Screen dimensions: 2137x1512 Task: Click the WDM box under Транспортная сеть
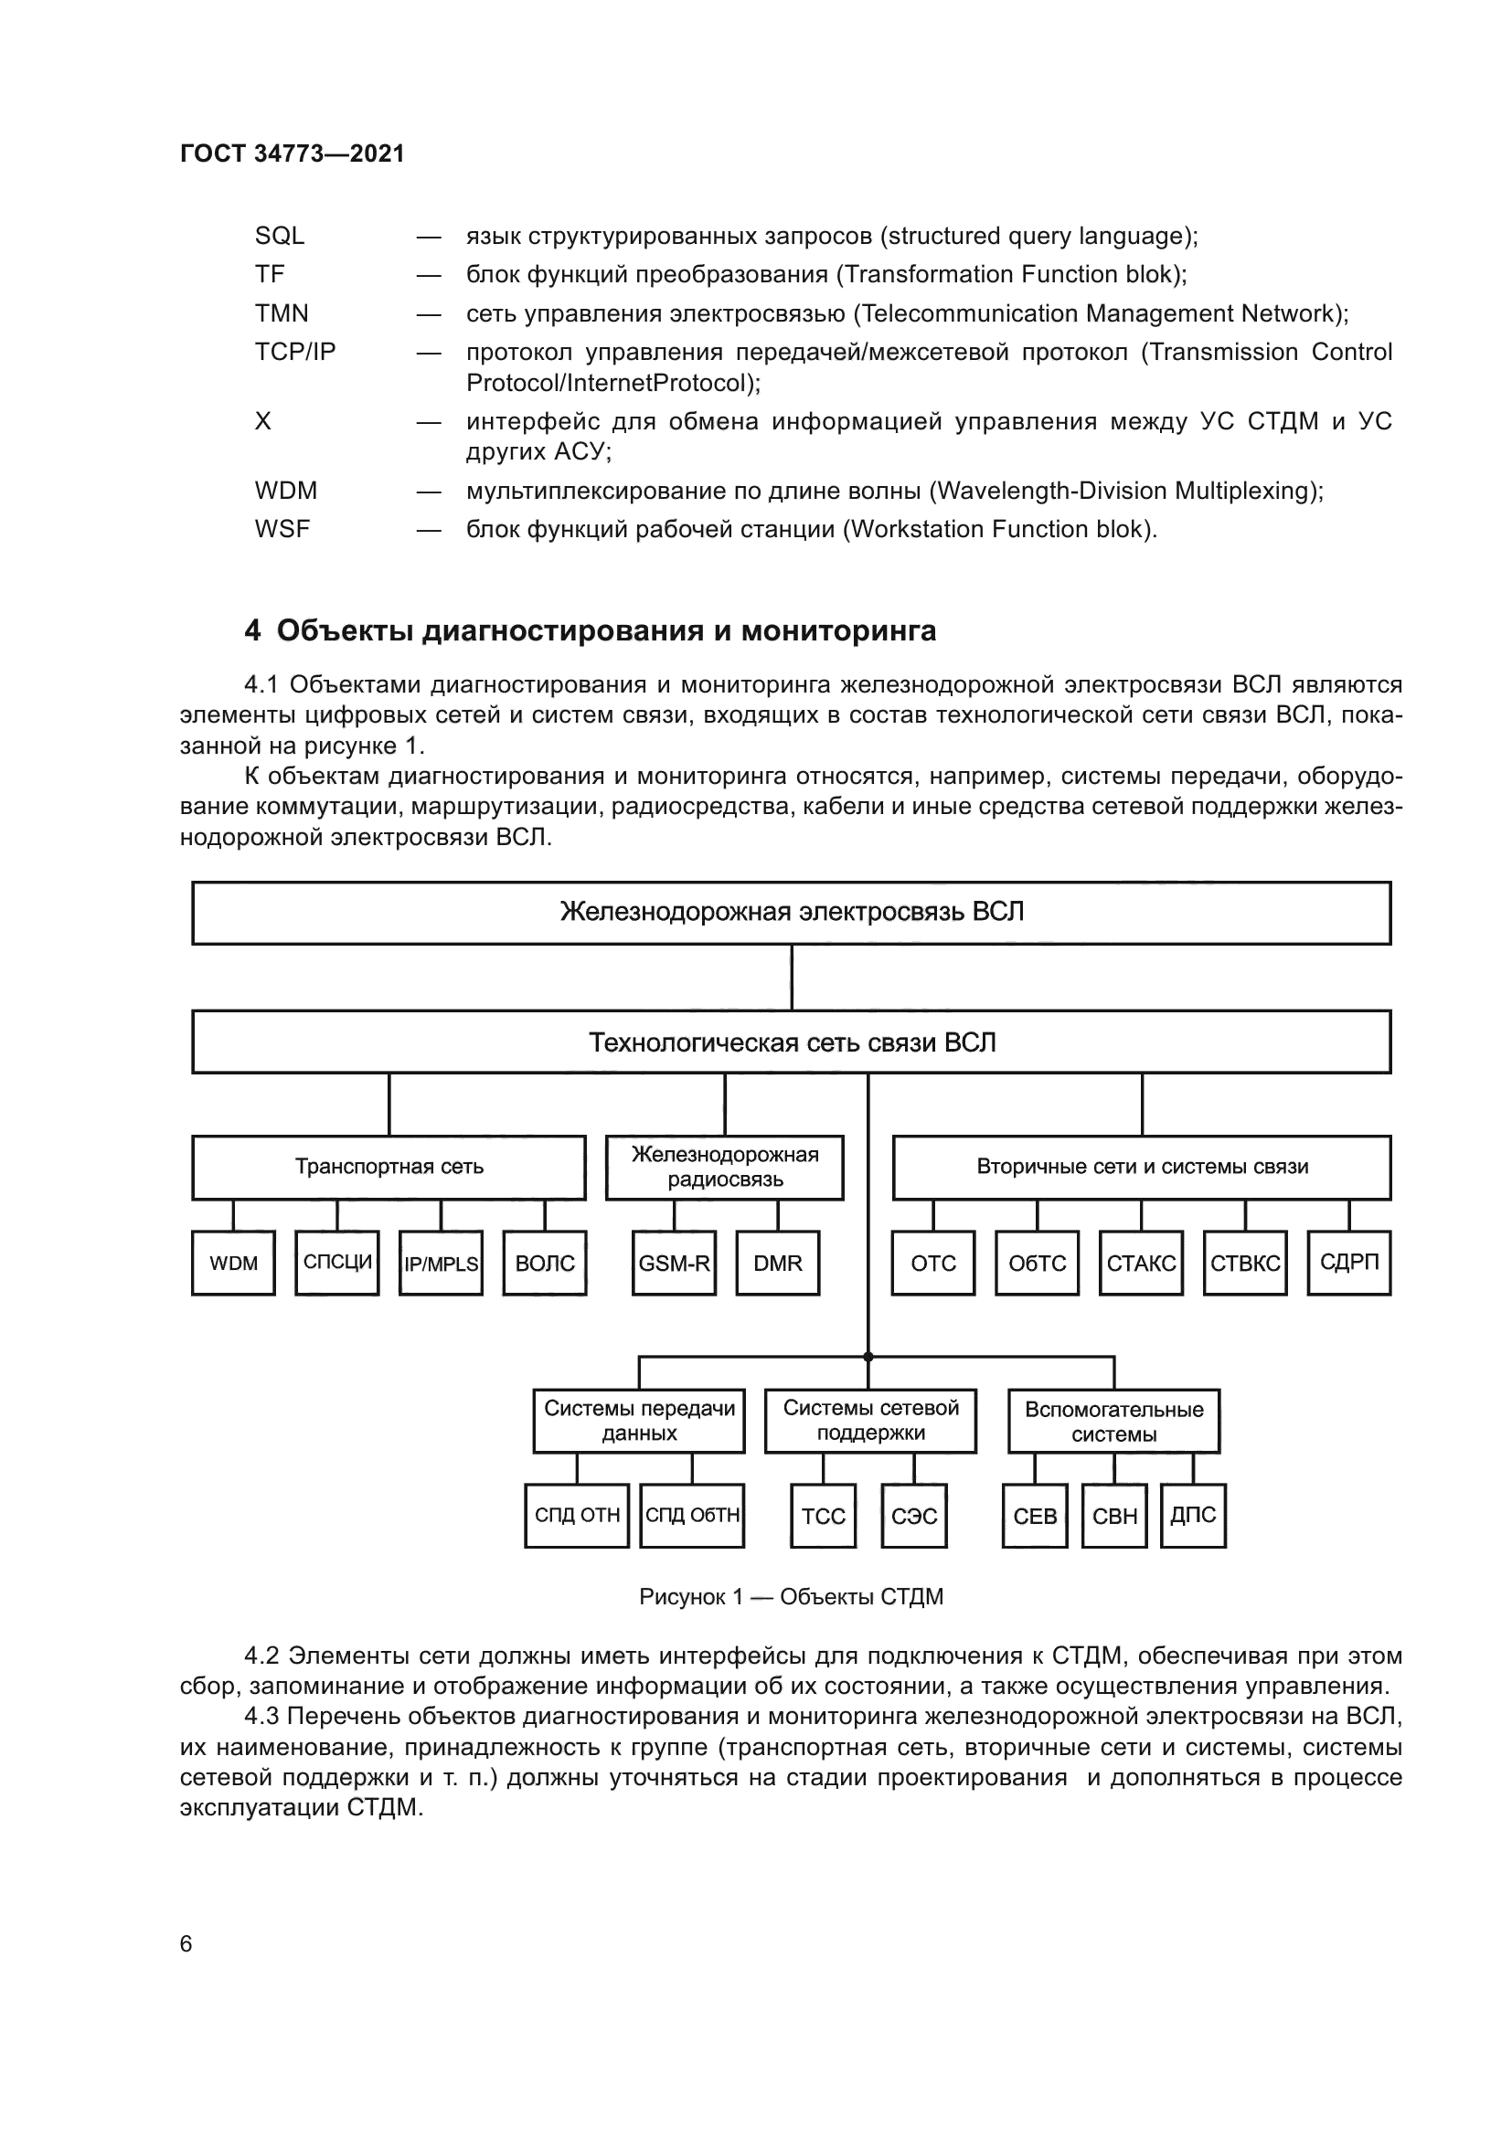(x=233, y=1263)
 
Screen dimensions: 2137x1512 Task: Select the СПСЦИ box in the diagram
(x=337, y=1263)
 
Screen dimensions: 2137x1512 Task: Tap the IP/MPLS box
(x=441, y=1263)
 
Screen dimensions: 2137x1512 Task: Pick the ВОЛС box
(x=545, y=1263)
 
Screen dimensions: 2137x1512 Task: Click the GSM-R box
(x=674, y=1263)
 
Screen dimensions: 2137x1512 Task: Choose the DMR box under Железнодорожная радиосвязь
(x=777, y=1263)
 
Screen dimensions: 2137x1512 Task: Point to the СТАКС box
(x=1141, y=1263)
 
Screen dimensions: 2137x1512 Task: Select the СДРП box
(x=1348, y=1263)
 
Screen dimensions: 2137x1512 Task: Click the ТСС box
(x=823, y=1517)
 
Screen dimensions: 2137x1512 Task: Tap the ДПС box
(x=1193, y=1517)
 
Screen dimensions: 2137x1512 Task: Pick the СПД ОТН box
(x=577, y=1517)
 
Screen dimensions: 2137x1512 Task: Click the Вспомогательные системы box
(x=1113, y=1422)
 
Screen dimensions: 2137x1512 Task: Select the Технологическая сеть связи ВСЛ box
(x=792, y=1042)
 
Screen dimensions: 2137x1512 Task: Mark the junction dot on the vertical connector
(x=868, y=1357)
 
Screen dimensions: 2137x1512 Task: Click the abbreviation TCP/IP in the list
(x=295, y=352)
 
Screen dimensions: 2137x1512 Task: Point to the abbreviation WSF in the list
(x=282, y=529)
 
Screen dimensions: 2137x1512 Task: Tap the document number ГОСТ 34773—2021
(x=293, y=153)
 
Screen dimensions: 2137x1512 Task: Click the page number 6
(x=186, y=1943)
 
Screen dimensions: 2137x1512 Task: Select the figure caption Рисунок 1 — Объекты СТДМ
(x=792, y=1597)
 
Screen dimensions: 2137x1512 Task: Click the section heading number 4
(x=252, y=631)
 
